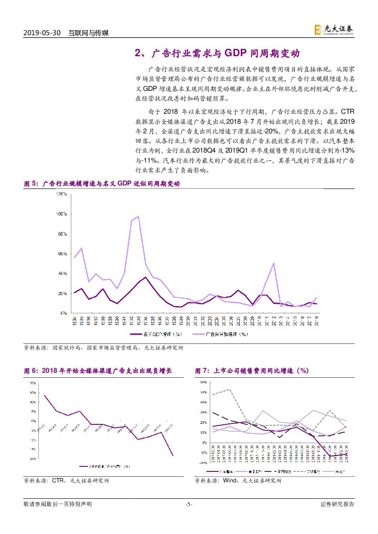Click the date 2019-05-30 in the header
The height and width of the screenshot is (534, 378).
[42, 33]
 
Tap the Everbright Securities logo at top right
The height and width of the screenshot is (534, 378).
[333, 30]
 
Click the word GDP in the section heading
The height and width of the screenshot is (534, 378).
[236, 53]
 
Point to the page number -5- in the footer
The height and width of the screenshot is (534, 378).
[189, 504]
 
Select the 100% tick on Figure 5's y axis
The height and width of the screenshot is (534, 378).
[62, 214]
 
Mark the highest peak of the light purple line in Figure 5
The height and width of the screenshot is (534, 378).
[138, 216]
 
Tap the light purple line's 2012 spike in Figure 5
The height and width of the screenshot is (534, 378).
[273, 263]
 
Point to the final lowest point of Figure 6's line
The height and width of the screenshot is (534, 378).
[173, 455]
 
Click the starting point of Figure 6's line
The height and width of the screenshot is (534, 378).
[44, 395]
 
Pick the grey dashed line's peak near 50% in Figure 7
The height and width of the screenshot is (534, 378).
[229, 390]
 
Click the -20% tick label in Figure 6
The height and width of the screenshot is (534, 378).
[33, 459]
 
